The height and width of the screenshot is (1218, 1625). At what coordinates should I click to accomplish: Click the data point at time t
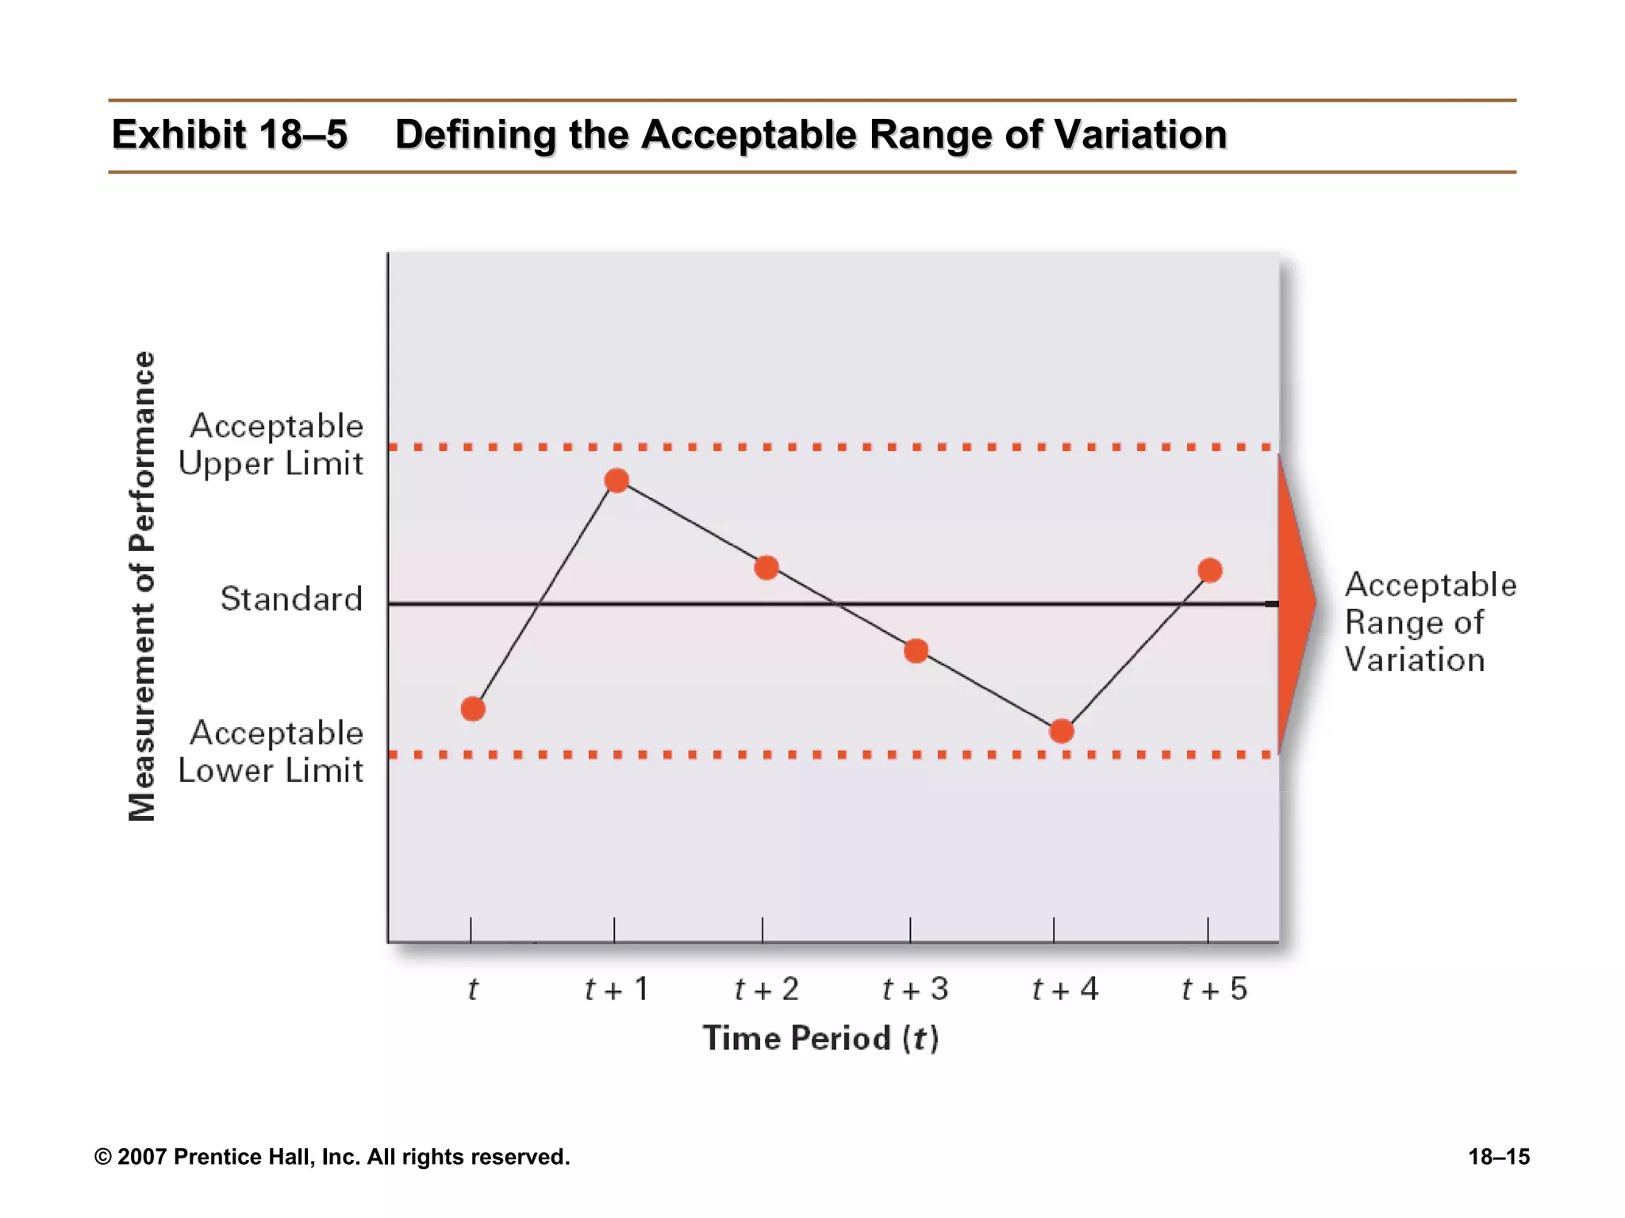(473, 709)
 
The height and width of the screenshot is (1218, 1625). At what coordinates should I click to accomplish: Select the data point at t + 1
(617, 481)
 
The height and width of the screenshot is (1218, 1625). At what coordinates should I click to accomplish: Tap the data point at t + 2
(766, 568)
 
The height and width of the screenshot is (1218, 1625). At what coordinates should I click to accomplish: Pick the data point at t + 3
(916, 651)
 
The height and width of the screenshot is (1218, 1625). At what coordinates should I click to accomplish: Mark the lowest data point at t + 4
(1062, 731)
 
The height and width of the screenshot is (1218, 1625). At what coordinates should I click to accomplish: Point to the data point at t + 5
(1210, 570)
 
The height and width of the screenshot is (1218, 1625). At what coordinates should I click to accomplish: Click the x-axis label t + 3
(915, 990)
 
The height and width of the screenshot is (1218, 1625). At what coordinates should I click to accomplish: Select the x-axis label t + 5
(1214, 990)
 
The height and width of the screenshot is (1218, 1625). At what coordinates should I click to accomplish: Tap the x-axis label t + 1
(617, 990)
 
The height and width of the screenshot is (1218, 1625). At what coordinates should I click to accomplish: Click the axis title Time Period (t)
(820, 1039)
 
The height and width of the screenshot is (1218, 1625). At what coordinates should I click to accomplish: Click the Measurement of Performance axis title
(142, 587)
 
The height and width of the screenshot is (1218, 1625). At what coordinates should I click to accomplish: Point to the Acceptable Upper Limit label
(271, 445)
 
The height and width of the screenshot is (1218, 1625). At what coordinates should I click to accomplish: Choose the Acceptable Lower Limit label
(271, 752)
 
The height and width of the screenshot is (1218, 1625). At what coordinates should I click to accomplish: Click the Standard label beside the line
(291, 599)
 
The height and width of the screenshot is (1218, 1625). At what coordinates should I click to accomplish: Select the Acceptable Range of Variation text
(1430, 622)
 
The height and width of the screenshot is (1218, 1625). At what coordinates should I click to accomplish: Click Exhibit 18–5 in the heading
(229, 135)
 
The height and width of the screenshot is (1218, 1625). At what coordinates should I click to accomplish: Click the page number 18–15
(1498, 1157)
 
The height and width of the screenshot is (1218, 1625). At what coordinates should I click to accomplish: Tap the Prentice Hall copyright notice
(332, 1157)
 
